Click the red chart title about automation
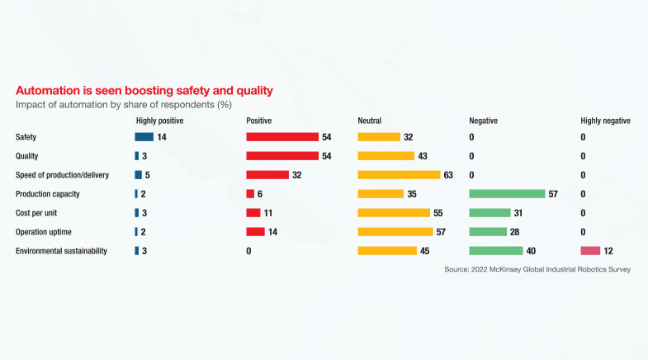144,90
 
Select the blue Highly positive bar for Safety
144,137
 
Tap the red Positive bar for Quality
282,156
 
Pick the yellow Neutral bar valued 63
399,175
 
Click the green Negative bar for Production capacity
507,194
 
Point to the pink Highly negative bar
590,251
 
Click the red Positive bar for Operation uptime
255,232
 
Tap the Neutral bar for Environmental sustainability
387,251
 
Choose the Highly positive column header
159,121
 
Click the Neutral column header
369,121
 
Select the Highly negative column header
605,121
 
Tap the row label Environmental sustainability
61,251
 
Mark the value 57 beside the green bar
553,194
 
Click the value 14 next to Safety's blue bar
162,137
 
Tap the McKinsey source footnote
537,270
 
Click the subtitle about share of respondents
124,105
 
